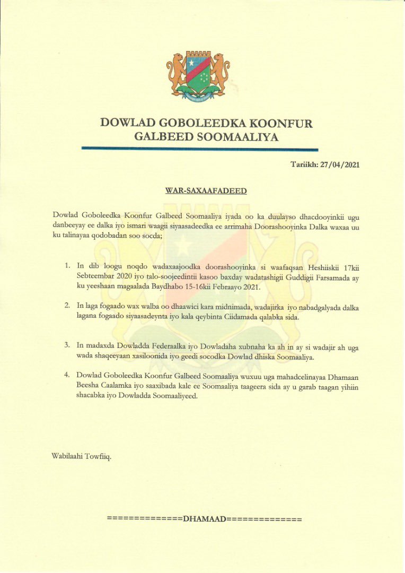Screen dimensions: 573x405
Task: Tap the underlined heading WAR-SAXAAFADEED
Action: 206,190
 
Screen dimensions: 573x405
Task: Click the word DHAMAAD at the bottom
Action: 204,518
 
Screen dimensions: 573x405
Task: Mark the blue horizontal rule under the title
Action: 206,150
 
